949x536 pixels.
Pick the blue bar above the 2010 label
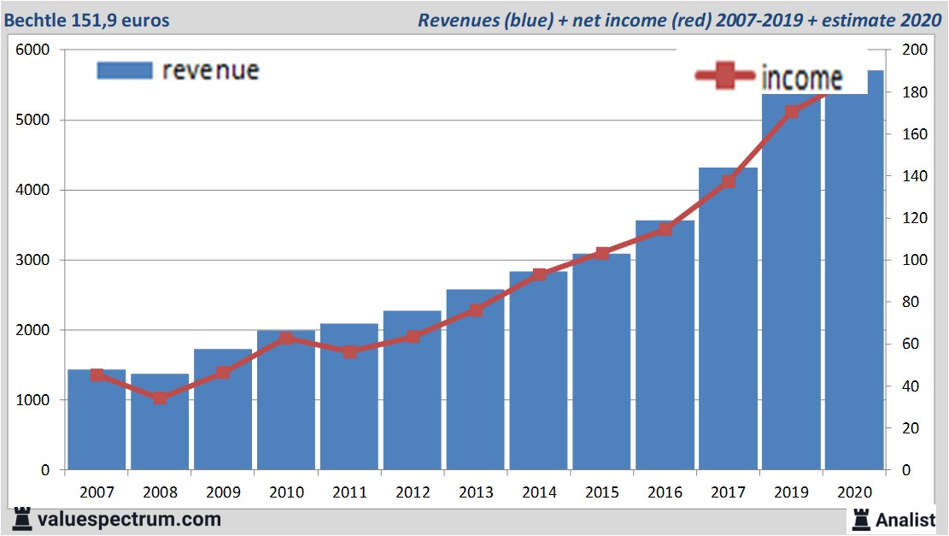[285, 402]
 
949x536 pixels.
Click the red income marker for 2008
[160, 398]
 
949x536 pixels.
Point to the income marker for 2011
[349, 351]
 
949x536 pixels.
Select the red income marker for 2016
[665, 229]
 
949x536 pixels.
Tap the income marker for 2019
[791, 112]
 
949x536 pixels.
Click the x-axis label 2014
[538, 492]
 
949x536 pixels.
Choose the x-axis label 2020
[854, 492]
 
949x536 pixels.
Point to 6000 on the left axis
[33, 50]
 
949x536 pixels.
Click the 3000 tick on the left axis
[33, 260]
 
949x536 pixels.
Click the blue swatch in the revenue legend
[125, 70]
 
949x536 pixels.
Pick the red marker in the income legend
[725, 77]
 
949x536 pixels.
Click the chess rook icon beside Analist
[860, 518]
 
